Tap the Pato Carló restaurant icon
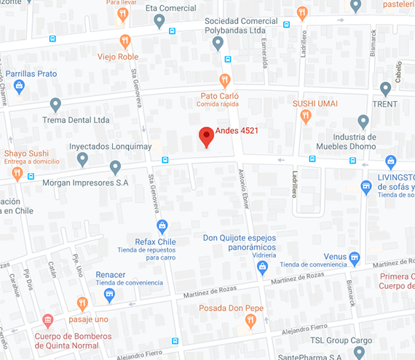click(225, 80)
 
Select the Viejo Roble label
click(118, 57)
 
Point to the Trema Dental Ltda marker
click(55, 105)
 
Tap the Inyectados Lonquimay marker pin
click(82, 159)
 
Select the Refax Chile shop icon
click(162, 226)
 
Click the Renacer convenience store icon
click(109, 295)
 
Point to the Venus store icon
click(355, 257)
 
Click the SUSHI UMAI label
click(315, 103)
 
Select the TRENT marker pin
click(386, 89)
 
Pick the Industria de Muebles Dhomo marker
click(363, 121)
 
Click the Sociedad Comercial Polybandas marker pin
click(218, 44)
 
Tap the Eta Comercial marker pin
click(159, 21)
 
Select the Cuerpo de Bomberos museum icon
click(48, 320)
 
